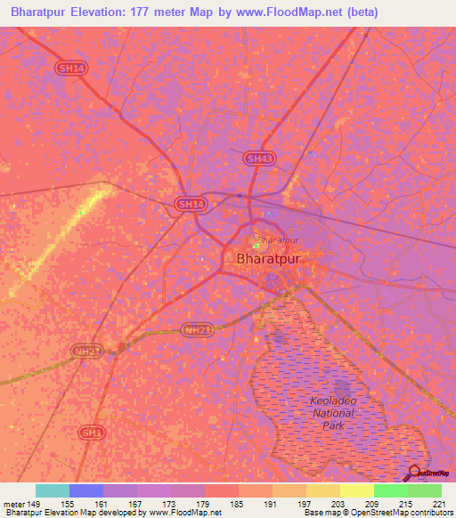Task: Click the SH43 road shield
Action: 258,158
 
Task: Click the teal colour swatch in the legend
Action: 53,490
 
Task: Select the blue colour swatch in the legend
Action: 86,490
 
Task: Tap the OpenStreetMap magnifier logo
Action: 414,473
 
